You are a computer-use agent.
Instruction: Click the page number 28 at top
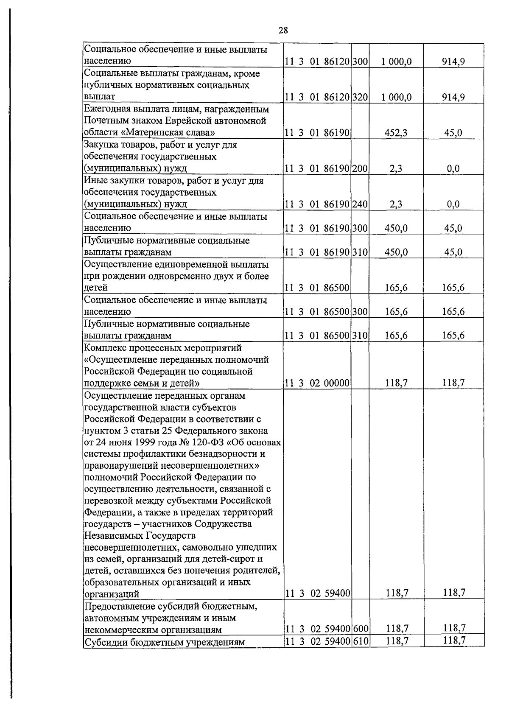(283, 30)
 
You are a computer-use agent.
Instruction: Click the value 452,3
(396, 133)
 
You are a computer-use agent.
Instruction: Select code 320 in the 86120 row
(360, 97)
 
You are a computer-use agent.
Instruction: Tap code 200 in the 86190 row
(360, 168)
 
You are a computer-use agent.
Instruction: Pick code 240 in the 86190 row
(360, 204)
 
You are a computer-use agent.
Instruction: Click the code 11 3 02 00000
(317, 383)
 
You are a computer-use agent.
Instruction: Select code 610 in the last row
(360, 641)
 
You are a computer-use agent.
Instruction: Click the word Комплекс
(106, 348)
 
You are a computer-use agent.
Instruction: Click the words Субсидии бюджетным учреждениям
(165, 642)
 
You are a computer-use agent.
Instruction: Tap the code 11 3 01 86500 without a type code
(317, 288)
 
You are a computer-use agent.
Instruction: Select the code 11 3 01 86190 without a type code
(317, 133)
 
